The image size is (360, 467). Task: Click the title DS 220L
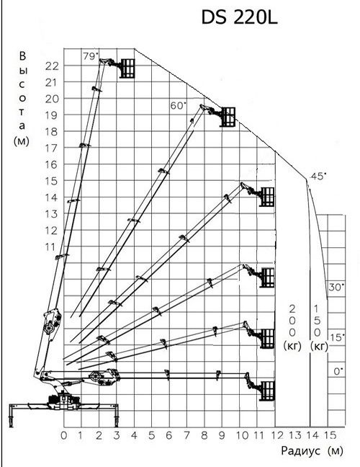tap(240, 18)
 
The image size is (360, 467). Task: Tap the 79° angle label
tap(91, 55)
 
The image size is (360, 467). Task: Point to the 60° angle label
tap(179, 105)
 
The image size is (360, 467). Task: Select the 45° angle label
tap(318, 176)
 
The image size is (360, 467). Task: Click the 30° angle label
tap(336, 287)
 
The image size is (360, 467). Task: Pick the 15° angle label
tap(337, 337)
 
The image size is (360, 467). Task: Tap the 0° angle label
tap(338, 371)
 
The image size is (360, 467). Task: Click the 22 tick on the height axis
tap(52, 66)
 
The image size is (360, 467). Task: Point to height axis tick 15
tap(51, 181)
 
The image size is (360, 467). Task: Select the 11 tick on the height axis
tap(50, 247)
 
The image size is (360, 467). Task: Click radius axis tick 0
tap(64, 435)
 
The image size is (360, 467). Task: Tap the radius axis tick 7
tap(187, 435)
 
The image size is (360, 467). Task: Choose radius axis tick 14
tap(312, 435)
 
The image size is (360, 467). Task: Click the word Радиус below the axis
tap(301, 450)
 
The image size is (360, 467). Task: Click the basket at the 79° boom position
tap(127, 68)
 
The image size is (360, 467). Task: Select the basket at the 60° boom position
tap(228, 117)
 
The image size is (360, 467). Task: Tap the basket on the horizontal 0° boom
tap(267, 391)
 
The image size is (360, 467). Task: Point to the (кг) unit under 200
tap(292, 346)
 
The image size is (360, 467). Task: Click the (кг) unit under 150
tap(319, 346)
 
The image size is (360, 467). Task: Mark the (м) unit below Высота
tap(22, 141)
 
